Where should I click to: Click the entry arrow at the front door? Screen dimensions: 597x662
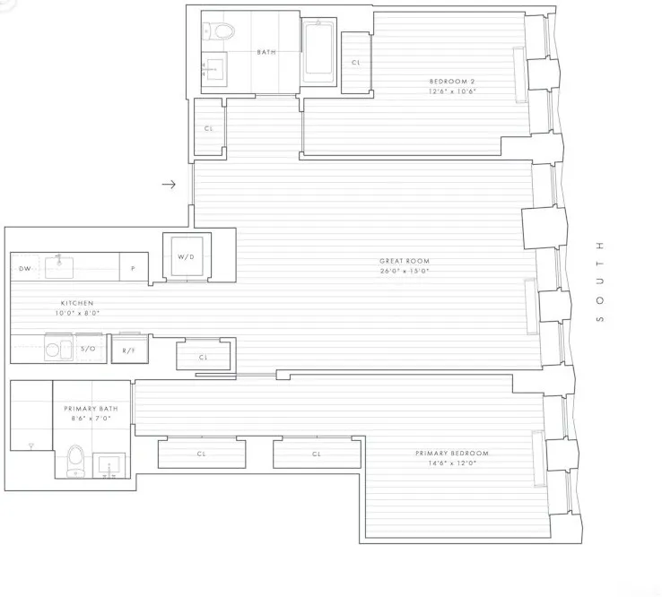(169, 186)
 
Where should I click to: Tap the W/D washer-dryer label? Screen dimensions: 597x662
(186, 257)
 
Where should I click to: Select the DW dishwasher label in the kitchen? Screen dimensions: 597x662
(24, 268)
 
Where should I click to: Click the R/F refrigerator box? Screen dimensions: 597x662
(129, 350)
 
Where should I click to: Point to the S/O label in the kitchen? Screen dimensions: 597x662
(88, 348)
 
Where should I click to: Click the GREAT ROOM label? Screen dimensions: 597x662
(404, 261)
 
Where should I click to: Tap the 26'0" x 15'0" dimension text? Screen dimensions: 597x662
(404, 271)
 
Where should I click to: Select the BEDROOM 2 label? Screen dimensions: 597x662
(451, 82)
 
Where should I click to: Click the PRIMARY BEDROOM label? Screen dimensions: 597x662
(451, 454)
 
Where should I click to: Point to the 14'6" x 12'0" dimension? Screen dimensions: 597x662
(451, 463)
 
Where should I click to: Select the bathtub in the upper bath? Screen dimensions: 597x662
(318, 52)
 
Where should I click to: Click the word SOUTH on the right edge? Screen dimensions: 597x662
(600, 281)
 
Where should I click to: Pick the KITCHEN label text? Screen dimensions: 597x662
(77, 304)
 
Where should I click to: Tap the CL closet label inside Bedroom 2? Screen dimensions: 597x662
(356, 63)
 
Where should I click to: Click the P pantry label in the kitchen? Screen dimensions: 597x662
(133, 268)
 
